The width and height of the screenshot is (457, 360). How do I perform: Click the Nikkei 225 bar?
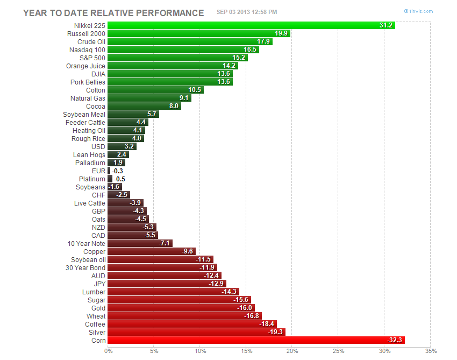(x=251, y=25)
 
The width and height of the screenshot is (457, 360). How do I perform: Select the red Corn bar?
(x=255, y=340)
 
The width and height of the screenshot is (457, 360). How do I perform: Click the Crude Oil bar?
(x=190, y=41)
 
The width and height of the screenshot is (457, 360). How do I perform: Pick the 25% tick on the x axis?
(x=338, y=351)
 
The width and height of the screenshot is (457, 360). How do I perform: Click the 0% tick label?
(x=109, y=351)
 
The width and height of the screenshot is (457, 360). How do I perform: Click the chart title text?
(x=113, y=12)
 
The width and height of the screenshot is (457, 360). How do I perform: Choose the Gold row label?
(x=98, y=308)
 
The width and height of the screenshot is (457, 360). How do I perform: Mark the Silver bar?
(x=196, y=332)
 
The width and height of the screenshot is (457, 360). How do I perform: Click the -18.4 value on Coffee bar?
(x=267, y=324)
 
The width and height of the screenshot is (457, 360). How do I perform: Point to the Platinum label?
(x=92, y=179)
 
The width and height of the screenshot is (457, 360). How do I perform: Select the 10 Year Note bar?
(x=140, y=243)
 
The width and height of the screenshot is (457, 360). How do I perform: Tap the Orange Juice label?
(x=85, y=66)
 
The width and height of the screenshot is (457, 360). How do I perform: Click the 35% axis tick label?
(x=430, y=351)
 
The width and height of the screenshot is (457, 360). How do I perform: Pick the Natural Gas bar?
(x=149, y=98)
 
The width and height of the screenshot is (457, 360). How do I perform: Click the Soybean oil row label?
(x=88, y=259)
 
